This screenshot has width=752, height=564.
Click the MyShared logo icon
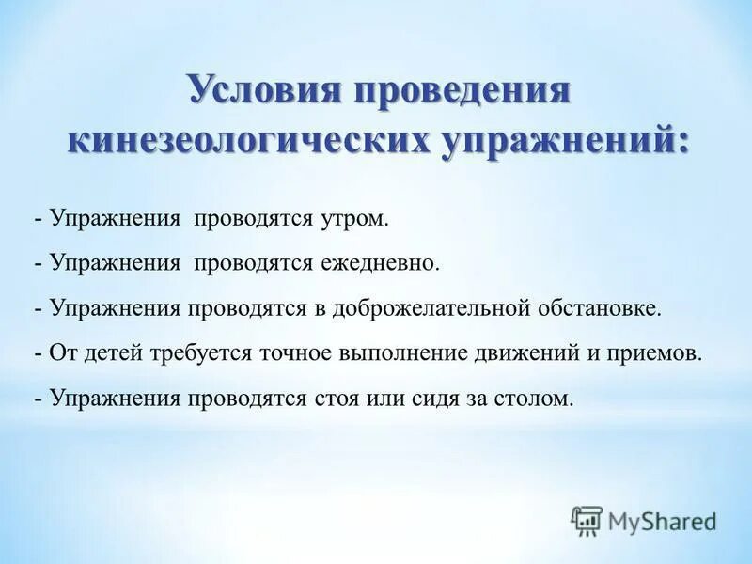[x=587, y=520]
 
